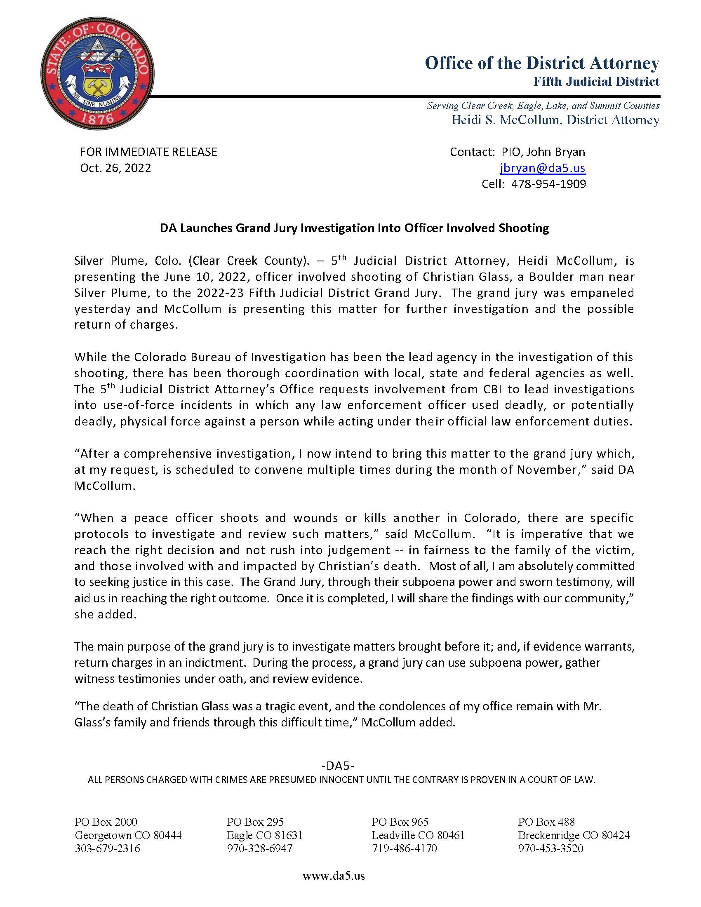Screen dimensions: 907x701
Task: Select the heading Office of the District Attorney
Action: click(x=542, y=63)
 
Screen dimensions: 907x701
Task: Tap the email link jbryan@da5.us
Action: click(x=542, y=168)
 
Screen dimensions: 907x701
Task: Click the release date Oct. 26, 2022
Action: click(x=115, y=168)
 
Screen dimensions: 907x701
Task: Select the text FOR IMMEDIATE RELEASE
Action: click(x=148, y=152)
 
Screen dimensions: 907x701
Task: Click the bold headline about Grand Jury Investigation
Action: click(x=354, y=228)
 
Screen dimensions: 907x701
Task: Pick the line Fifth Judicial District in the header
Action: click(x=596, y=81)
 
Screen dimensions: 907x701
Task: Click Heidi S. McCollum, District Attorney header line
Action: click(x=555, y=120)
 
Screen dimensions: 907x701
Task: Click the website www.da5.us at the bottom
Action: click(x=334, y=876)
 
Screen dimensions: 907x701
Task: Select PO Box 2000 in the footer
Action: click(x=106, y=822)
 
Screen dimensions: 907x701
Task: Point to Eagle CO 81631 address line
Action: click(x=265, y=835)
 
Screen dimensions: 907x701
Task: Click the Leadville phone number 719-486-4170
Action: click(x=404, y=848)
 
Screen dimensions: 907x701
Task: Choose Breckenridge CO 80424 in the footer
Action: click(x=574, y=835)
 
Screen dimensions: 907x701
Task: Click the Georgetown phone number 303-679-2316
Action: click(x=107, y=848)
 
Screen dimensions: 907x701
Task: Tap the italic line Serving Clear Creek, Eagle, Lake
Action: click(x=543, y=106)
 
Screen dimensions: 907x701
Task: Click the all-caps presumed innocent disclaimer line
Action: click(x=341, y=780)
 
